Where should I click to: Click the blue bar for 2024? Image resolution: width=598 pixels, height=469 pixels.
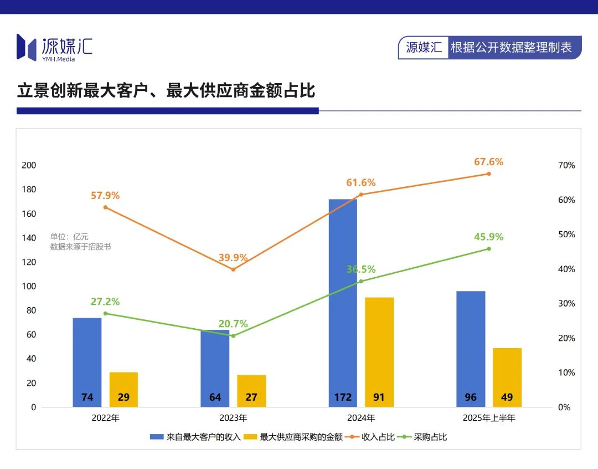coord(343,299)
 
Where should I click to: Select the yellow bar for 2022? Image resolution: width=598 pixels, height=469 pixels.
coord(123,388)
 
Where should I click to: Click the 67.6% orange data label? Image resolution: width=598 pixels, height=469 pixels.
coord(488,162)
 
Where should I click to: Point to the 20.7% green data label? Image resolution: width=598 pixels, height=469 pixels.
coord(233,324)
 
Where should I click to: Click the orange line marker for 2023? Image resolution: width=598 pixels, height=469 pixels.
coord(233,269)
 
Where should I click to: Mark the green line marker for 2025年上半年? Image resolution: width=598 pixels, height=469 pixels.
coord(489,249)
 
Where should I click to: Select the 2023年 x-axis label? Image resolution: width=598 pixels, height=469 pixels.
coord(233,418)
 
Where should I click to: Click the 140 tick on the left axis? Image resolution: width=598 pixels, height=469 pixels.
coord(29,238)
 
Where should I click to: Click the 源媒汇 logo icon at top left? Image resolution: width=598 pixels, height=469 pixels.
coord(27,47)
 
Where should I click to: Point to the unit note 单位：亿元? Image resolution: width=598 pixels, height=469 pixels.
coord(69,237)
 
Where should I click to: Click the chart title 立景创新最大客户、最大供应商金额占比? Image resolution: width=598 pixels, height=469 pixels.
coord(166,90)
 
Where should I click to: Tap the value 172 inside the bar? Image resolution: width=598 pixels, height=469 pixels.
coord(343,397)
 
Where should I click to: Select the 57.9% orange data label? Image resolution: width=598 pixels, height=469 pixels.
coord(105,196)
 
